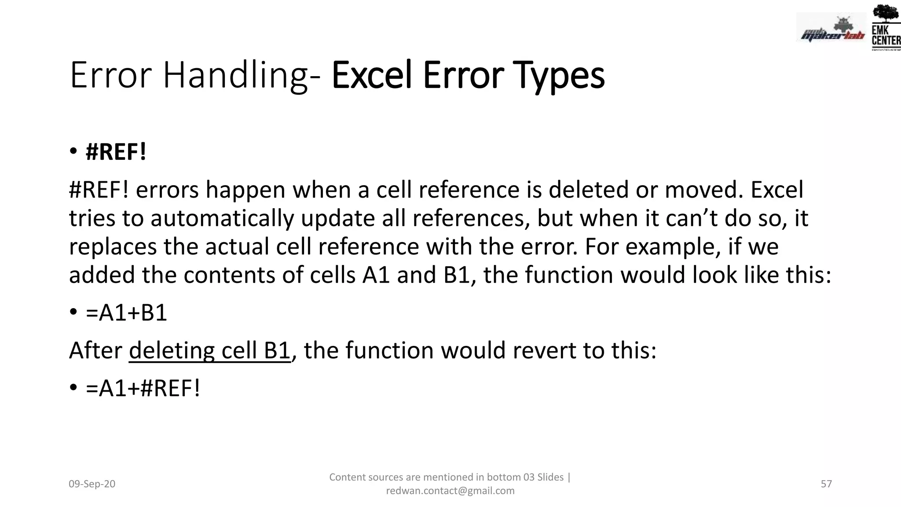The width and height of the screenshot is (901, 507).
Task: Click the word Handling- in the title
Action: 241,76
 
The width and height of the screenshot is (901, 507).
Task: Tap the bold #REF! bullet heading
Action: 116,152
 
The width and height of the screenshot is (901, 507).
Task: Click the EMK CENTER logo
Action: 885,27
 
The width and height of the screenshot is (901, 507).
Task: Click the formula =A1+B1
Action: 127,313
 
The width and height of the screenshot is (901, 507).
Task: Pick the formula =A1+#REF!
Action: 143,389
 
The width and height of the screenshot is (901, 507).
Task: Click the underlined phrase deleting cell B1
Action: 210,351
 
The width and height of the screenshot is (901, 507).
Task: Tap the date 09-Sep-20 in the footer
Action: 92,484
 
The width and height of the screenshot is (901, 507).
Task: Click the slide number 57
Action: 826,484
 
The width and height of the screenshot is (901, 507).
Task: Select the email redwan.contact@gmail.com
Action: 450,491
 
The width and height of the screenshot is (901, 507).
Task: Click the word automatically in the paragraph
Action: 222,219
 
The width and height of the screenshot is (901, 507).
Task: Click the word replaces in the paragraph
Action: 113,247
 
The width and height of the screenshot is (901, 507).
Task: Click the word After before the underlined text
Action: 95,351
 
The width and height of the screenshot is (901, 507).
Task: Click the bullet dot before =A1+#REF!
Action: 73,388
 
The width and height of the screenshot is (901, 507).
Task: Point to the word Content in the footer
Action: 347,477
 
